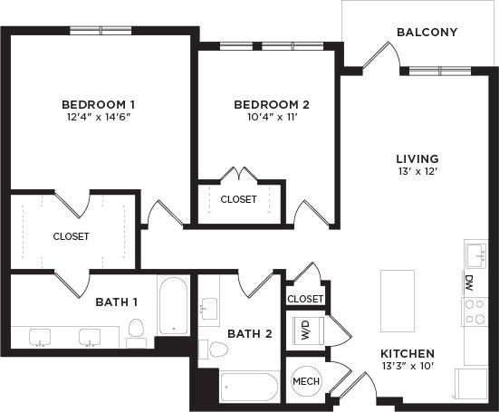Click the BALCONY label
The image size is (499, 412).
[427, 33]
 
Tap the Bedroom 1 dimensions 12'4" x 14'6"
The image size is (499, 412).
[105, 118]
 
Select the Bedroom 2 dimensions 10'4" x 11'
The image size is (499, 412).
[271, 118]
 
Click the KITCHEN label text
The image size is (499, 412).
[407, 353]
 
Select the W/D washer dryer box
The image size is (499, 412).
[305, 331]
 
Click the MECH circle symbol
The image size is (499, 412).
[305, 382]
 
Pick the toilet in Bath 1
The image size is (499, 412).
[137, 331]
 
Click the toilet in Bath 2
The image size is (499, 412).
[218, 350]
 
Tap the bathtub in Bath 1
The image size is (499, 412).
[172, 306]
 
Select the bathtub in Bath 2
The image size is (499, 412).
[249, 387]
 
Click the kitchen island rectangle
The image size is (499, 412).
[397, 300]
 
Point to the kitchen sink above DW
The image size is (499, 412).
[475, 253]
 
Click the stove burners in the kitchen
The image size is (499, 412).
[475, 311]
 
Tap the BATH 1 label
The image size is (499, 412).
[117, 302]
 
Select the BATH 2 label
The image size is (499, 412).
[249, 334]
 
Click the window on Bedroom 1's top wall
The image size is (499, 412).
[101, 30]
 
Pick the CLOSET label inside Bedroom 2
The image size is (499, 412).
[238, 199]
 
